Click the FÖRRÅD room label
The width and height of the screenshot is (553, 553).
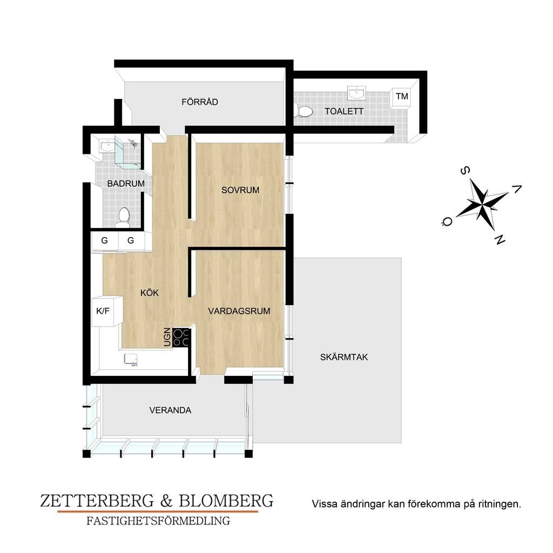[x=200, y=102]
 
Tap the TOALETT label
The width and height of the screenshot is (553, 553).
[x=344, y=111]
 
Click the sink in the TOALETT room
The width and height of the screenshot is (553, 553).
[x=356, y=93]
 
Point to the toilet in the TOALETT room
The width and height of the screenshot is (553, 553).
[x=304, y=112]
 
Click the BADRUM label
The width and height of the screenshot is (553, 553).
[x=126, y=184]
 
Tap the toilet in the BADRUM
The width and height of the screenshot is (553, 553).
[x=124, y=217]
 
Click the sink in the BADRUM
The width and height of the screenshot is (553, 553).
[x=106, y=146]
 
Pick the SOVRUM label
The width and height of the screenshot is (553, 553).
[x=240, y=190]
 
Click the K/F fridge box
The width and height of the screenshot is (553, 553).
[x=107, y=311]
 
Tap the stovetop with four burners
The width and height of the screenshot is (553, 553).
[x=181, y=338]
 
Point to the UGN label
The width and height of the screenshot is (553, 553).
[x=167, y=337]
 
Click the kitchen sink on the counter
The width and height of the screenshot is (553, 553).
[x=131, y=359]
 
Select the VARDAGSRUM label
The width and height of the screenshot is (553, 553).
[x=239, y=311]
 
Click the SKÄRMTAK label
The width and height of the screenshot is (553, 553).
[x=344, y=357]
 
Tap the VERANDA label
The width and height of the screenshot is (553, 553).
[x=170, y=410]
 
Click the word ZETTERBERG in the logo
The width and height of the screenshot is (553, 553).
[x=97, y=501]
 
